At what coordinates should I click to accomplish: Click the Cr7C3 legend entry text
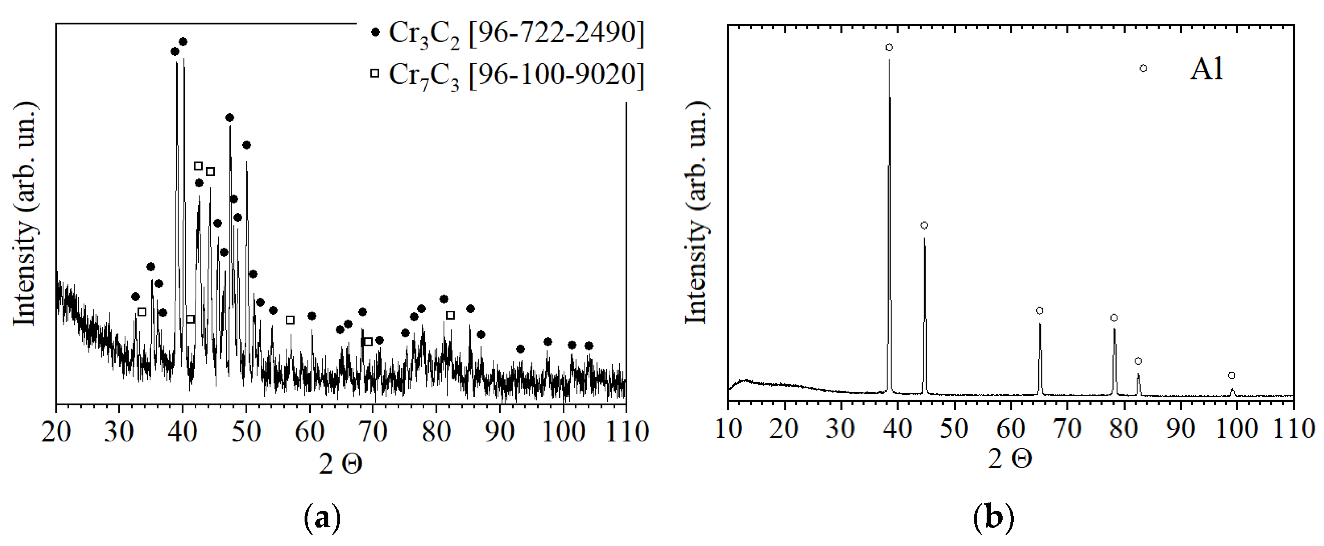click(x=516, y=75)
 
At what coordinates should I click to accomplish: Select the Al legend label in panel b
click(x=1206, y=69)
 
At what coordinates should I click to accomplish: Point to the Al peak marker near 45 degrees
click(x=924, y=225)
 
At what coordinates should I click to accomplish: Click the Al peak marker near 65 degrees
click(x=1040, y=311)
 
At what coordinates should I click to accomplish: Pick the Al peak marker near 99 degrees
click(x=1231, y=375)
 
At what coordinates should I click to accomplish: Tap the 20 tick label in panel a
click(x=56, y=432)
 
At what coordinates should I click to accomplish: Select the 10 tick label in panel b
click(x=728, y=429)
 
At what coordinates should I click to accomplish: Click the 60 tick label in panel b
click(x=1010, y=429)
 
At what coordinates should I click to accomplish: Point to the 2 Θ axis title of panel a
click(x=340, y=465)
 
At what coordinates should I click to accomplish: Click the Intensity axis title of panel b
click(x=696, y=212)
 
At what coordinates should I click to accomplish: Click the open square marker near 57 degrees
click(x=290, y=320)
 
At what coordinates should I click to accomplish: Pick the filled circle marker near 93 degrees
click(x=520, y=349)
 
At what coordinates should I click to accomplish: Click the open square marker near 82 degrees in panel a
click(x=450, y=315)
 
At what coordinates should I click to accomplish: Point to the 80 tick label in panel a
click(x=437, y=432)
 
